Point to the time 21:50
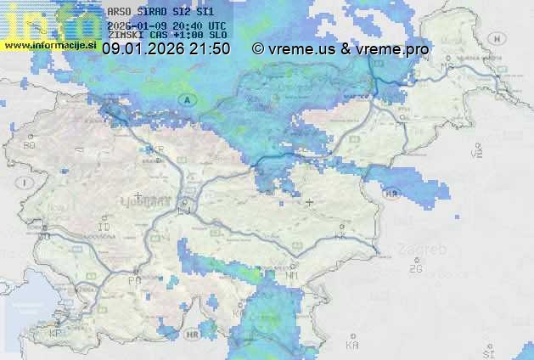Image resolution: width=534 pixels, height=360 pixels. [x=211, y=49]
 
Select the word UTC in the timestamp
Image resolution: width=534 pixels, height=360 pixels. [x=216, y=25]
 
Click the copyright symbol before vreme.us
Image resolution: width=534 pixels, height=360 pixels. [x=258, y=49]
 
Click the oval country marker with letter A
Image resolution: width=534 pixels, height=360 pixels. [x=184, y=100]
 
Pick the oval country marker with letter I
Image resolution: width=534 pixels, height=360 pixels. [x=26, y=183]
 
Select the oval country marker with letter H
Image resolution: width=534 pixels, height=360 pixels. [x=499, y=37]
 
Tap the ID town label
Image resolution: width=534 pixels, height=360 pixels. [x=104, y=228]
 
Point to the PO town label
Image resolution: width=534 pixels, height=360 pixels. [x=133, y=279]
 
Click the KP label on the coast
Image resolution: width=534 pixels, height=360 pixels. [x=56, y=334]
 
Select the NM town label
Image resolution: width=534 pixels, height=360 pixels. [x=292, y=275]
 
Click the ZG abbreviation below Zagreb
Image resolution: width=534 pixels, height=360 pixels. [x=416, y=269]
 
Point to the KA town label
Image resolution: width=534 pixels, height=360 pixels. [x=352, y=345]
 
